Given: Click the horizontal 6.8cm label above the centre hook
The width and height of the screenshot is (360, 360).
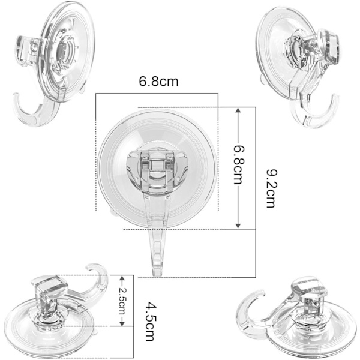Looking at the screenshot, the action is (158, 82).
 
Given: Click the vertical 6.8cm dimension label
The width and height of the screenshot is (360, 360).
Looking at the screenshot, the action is (239, 165).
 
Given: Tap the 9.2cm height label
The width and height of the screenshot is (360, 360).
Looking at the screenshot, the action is (272, 188).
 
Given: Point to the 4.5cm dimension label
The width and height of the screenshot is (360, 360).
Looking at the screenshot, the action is (151, 322).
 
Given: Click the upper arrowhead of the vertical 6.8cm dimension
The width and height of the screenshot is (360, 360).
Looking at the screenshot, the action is (238, 111).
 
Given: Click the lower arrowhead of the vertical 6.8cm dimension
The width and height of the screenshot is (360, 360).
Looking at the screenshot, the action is (238, 225).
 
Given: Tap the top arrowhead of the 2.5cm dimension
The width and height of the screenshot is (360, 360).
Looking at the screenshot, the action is (122, 278).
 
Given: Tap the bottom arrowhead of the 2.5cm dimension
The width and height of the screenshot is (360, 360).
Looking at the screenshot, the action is (122, 323).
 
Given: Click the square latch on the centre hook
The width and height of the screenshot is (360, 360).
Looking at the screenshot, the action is (157, 166).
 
